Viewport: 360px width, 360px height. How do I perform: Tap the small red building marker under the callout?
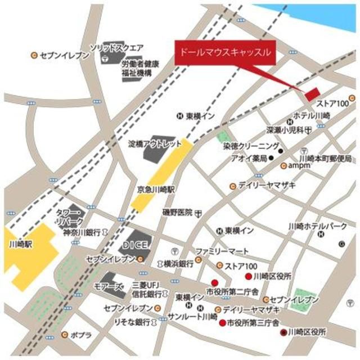coord(311,93)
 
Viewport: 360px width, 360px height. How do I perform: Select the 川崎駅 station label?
coord(21,245)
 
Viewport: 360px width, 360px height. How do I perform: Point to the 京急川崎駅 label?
coord(157,190)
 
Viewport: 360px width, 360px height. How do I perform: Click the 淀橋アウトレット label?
coord(155,143)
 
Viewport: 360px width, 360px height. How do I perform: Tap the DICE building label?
coord(136,245)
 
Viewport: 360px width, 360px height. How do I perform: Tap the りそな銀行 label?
coord(131,322)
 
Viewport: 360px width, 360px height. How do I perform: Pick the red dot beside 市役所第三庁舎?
coord(223,323)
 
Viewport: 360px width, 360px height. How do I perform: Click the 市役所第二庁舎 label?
coord(232,292)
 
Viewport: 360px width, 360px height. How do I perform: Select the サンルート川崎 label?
coord(192,317)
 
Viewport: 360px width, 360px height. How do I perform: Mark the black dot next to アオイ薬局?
coord(271,158)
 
